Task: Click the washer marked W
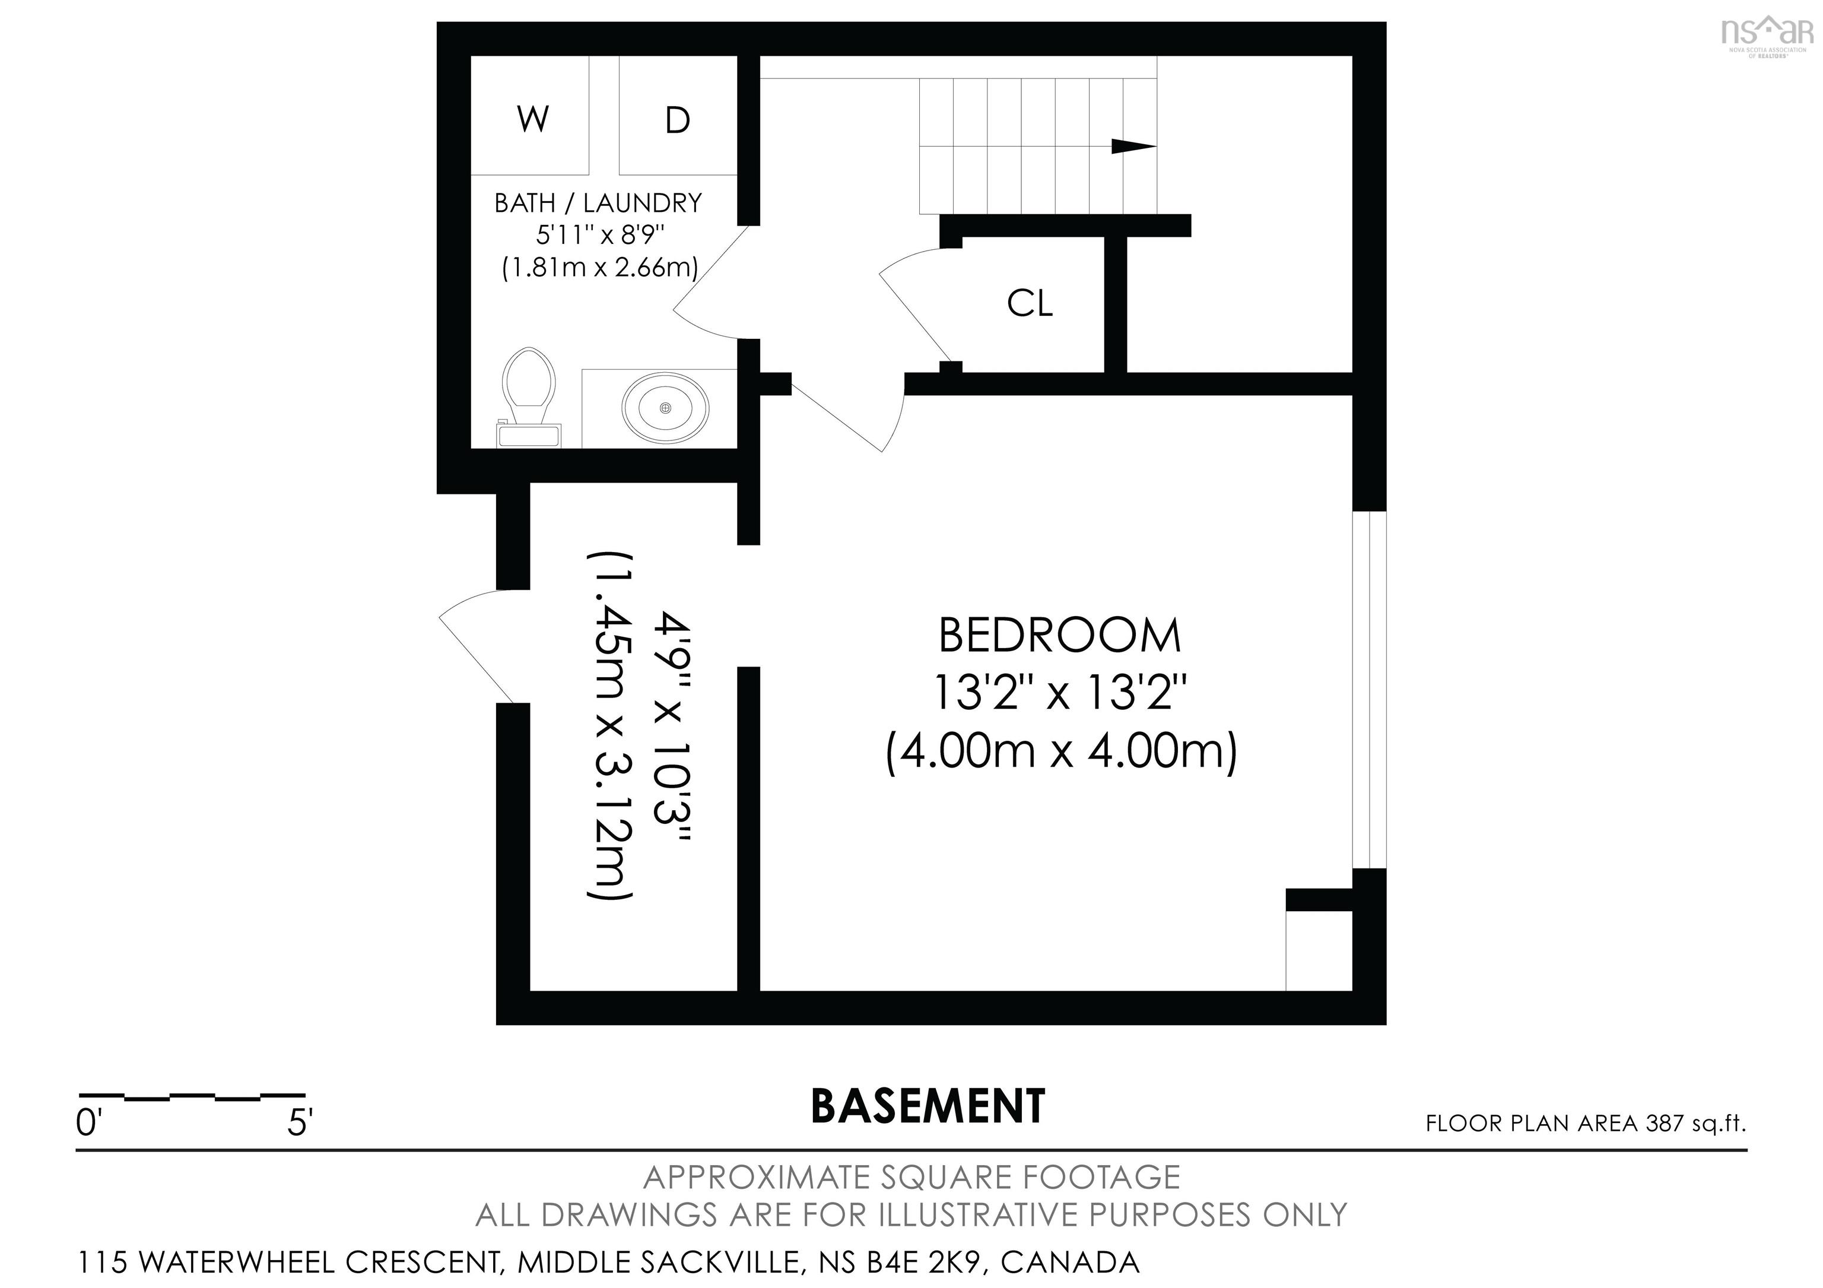tap(531, 115)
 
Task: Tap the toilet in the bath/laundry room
tap(528, 397)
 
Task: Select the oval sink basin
tap(665, 407)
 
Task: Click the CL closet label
tap(1030, 303)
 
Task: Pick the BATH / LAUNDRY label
tap(598, 203)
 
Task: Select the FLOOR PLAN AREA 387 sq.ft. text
tap(1586, 1124)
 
